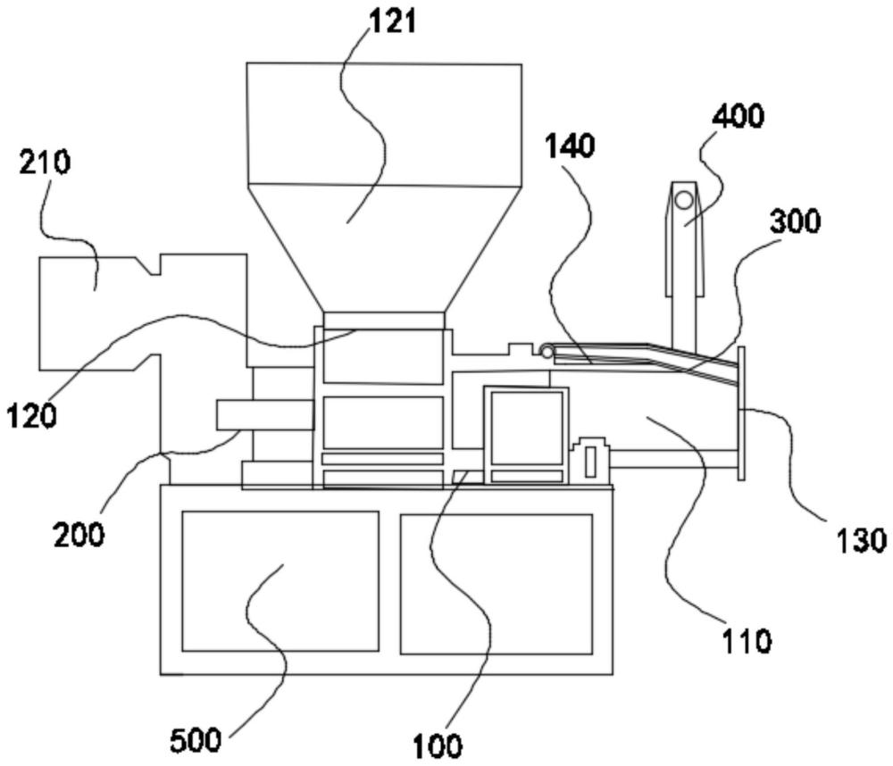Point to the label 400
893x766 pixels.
[738, 116]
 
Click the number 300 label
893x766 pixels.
[794, 221]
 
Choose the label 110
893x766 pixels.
[747, 639]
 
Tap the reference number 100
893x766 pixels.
[438, 744]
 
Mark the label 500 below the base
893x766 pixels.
[196, 740]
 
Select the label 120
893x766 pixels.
[31, 414]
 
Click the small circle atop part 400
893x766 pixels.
[684, 200]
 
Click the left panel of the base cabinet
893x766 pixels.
[280, 580]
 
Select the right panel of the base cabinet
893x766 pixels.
[496, 584]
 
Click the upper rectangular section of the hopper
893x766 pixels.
[384, 124]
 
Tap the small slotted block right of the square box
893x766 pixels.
[590, 461]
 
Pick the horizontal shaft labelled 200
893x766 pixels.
[264, 414]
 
